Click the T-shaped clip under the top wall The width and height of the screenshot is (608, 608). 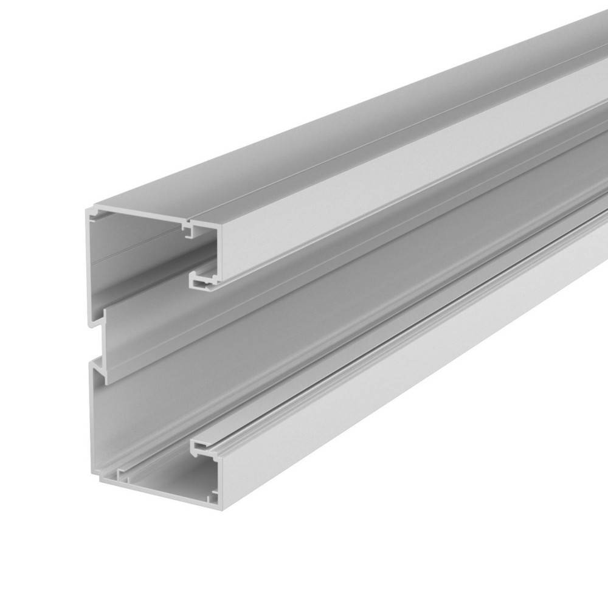tap(190, 230)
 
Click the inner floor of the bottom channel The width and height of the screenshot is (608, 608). tap(164, 480)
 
